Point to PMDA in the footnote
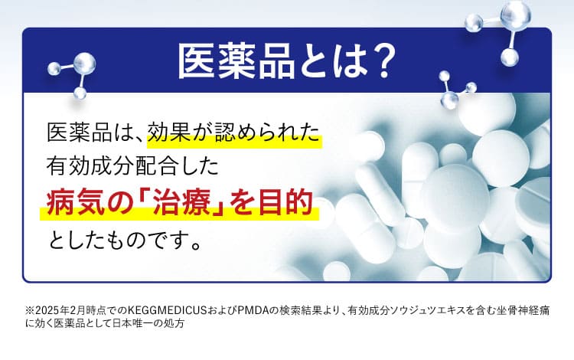coord(253,311)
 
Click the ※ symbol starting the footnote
coord(31,311)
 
